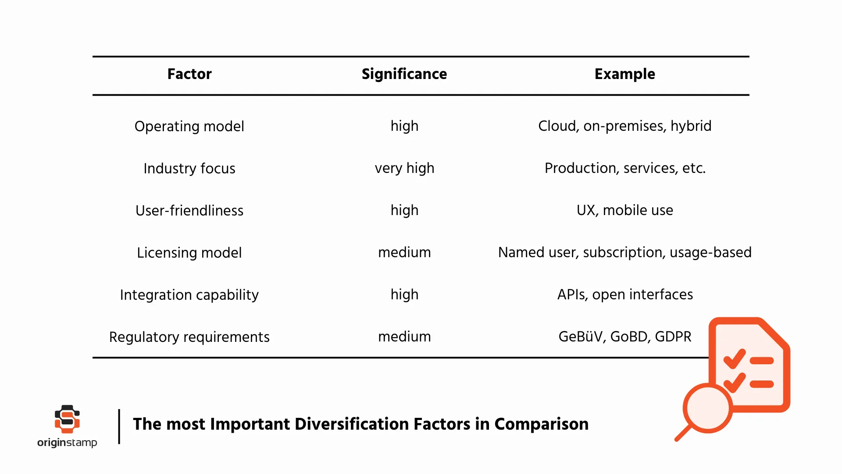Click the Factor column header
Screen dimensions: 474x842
[x=189, y=74]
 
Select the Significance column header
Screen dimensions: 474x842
[x=404, y=74]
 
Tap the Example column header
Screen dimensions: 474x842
[x=624, y=74]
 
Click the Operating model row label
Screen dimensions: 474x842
[x=189, y=126]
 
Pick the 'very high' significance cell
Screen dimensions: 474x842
[x=404, y=168]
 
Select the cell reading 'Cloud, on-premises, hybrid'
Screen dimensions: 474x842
[x=624, y=126]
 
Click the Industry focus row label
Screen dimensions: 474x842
[x=189, y=169]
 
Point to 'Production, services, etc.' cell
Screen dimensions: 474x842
[x=625, y=168]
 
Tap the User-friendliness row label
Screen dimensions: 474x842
[x=189, y=211]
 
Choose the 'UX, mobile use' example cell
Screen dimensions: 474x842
[x=624, y=210]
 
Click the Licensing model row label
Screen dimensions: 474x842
[x=189, y=253]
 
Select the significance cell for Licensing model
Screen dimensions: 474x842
[x=404, y=252]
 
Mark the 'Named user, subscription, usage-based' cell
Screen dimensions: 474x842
[x=624, y=252]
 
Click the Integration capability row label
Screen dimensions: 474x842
[x=189, y=295]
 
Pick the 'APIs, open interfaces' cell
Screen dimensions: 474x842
[x=625, y=294]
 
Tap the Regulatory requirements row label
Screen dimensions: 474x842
[x=189, y=337]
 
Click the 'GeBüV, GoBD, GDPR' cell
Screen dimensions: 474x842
[x=624, y=337]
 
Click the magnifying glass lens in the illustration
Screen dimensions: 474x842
[x=707, y=408]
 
